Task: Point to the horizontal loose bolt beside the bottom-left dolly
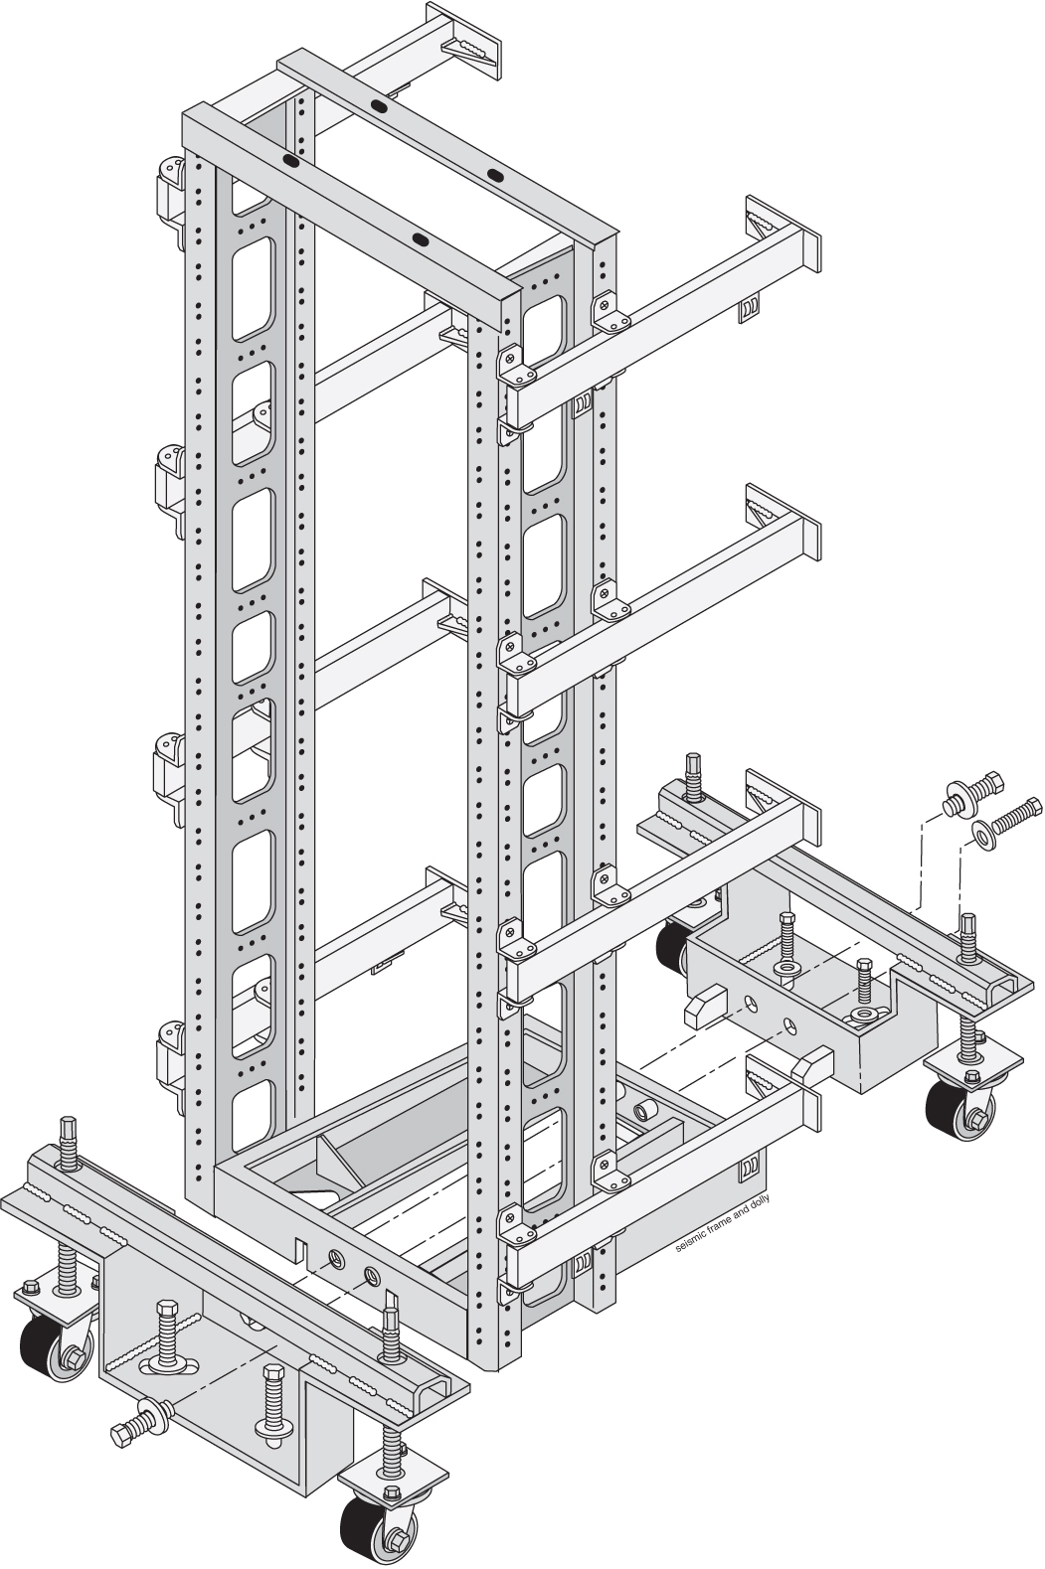click(x=139, y=1419)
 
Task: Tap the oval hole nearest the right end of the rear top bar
click(x=494, y=175)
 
